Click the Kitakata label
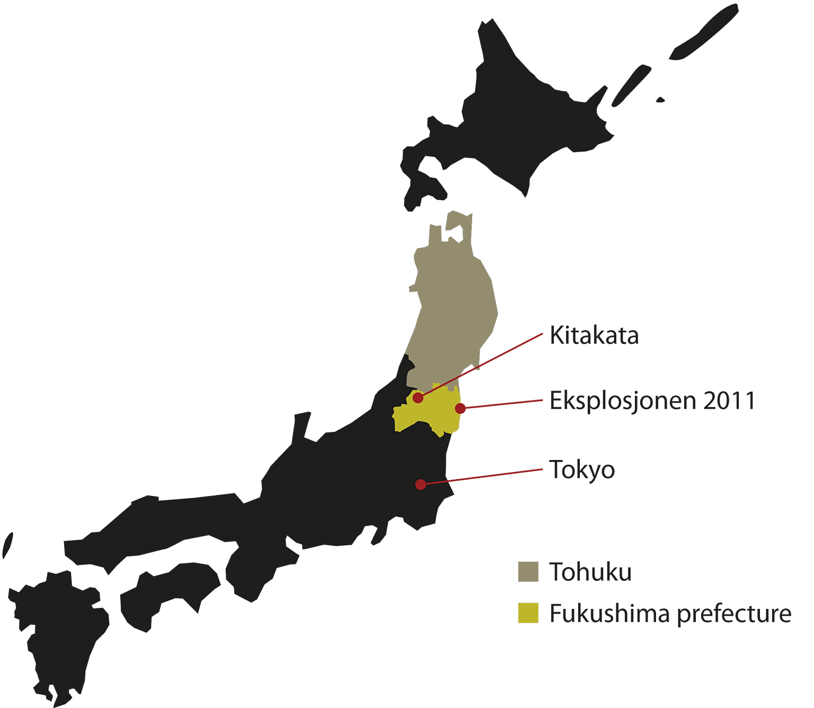point(594,335)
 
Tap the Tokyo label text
point(582,470)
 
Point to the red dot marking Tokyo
point(420,484)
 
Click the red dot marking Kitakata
point(418,397)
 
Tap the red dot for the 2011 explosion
point(461,408)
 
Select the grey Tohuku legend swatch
point(528,572)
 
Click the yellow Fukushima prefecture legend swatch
point(528,613)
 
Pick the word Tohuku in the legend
point(590,572)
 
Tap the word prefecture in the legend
point(735,614)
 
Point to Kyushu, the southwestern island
point(58,625)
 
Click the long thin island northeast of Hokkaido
point(705,32)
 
